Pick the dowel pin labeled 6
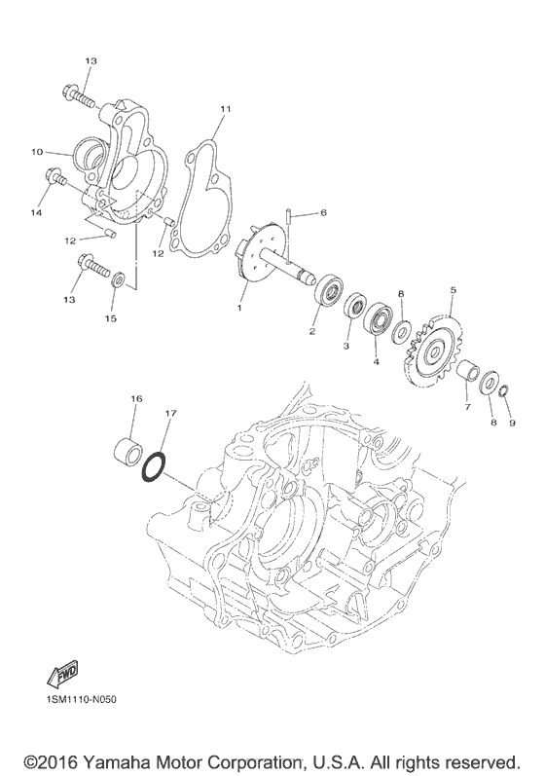tap(287, 218)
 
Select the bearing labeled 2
tap(328, 291)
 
